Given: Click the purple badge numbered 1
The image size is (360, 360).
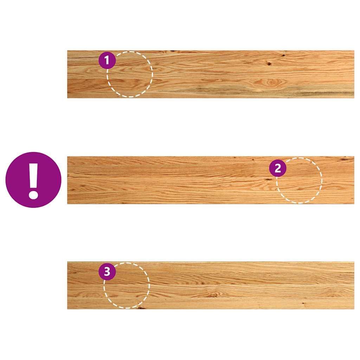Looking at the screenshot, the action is click(107, 60).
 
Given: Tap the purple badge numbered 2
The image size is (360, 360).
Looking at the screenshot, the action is click(278, 168).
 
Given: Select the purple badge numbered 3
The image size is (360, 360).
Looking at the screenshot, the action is click(107, 271).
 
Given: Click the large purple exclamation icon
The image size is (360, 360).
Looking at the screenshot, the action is click(33, 180).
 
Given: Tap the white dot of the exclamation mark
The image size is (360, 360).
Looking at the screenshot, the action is click(33, 194).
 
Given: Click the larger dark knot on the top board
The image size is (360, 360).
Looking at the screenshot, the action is click(269, 64).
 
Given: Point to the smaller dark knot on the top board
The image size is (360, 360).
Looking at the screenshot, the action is click(284, 55).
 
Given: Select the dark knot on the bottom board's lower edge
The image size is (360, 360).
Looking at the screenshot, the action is click(141, 308).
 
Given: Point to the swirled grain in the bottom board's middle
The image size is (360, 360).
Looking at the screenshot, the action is click(213, 295).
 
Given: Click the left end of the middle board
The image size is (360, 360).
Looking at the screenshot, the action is click(67, 180).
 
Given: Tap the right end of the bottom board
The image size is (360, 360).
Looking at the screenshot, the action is click(354, 285).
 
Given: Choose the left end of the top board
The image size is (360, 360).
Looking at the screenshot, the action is click(67, 74).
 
